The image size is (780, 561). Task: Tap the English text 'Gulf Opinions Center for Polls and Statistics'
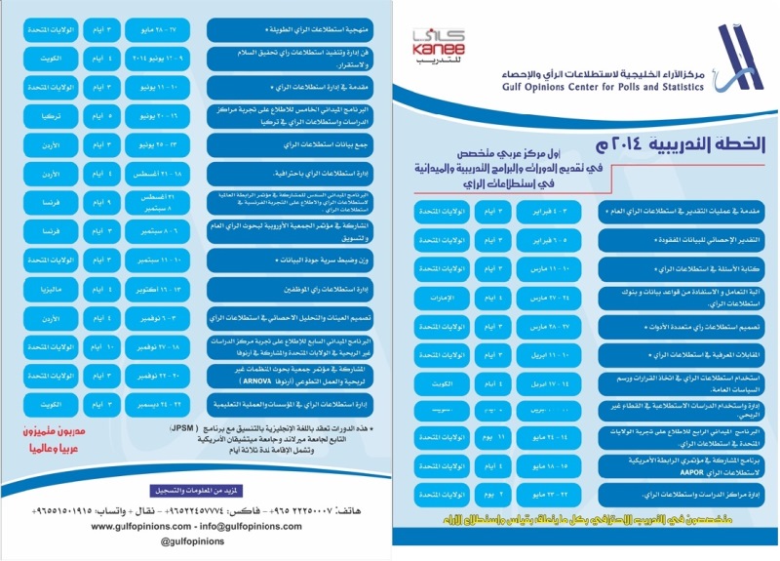(604, 86)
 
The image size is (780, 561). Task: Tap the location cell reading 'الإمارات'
(438, 296)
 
